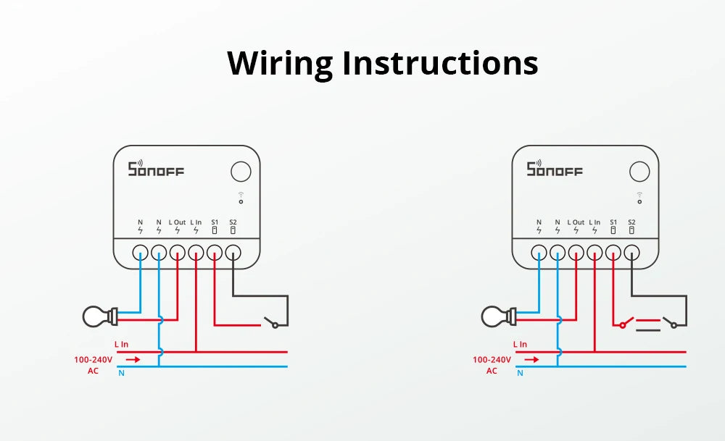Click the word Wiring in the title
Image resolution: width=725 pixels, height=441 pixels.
(x=281, y=63)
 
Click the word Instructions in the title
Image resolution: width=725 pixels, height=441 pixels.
(x=440, y=63)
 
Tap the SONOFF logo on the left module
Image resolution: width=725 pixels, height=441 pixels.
(x=156, y=169)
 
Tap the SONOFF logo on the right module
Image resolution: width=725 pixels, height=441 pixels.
(x=555, y=169)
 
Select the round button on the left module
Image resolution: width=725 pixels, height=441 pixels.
(x=241, y=172)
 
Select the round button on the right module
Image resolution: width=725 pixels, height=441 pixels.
(x=639, y=172)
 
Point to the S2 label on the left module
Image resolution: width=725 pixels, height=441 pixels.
(x=233, y=222)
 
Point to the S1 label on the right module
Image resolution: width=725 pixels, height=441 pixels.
(x=613, y=222)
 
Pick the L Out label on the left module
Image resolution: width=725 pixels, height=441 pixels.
(x=178, y=222)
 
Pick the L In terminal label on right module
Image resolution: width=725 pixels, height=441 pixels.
(x=594, y=222)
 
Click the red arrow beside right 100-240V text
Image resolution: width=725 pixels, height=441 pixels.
(x=531, y=358)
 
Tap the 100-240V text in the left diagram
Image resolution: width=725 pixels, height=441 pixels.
(x=92, y=358)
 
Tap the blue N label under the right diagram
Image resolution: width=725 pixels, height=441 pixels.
(x=520, y=373)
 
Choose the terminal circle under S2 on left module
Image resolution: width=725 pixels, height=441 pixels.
(x=233, y=253)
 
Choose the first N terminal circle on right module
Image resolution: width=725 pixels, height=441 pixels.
(x=539, y=253)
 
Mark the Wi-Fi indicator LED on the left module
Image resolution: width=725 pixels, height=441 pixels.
(x=241, y=201)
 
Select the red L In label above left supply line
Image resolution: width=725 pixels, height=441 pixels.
(x=121, y=345)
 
